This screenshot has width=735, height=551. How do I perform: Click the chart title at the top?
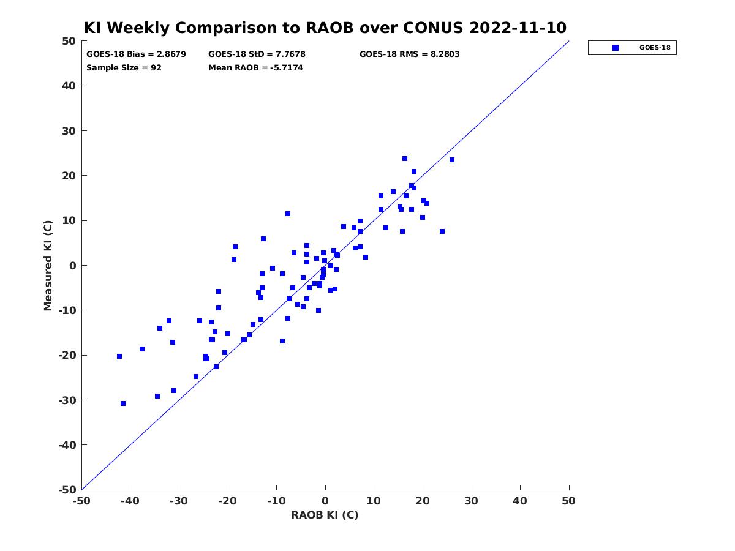coord(325,28)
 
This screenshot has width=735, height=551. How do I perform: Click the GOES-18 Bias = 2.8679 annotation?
coord(136,54)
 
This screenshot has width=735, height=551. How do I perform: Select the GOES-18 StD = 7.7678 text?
coord(257,54)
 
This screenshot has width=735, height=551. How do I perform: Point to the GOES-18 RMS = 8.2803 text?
coord(409,54)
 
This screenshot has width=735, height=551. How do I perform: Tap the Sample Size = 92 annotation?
coord(124,67)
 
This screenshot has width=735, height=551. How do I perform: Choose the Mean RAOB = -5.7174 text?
coord(255,67)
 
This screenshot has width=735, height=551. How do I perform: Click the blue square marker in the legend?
coord(615,48)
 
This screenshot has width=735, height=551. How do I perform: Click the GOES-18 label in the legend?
coord(655,48)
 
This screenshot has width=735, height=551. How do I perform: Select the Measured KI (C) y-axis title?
coord(48,265)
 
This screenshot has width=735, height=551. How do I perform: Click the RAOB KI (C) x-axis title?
coord(325,514)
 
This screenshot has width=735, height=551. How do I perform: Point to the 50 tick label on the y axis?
coord(69,41)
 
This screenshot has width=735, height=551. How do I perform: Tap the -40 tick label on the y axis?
coord(67,444)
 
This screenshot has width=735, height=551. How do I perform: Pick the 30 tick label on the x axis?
coord(471,501)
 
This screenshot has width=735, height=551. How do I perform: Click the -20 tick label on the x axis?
coord(227,501)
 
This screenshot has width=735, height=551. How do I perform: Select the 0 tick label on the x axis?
coord(325,501)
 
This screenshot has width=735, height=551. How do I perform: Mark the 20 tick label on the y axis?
coord(69,175)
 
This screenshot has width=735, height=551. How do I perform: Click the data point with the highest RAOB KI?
coord(451,160)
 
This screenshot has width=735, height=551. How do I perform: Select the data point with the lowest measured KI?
coord(123,403)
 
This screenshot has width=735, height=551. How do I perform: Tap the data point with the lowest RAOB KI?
coord(119,356)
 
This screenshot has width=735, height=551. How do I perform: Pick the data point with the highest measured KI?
coord(404,159)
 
